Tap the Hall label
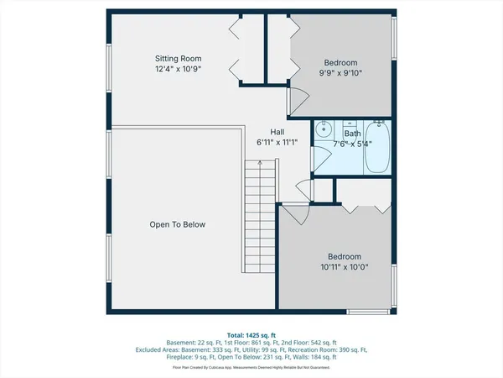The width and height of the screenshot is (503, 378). (277, 132)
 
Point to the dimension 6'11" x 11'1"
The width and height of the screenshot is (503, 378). (277, 143)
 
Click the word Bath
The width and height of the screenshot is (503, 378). (352, 133)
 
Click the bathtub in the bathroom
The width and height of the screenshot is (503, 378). (378, 148)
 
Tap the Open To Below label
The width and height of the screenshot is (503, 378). (177, 225)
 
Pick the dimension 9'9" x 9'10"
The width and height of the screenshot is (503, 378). (341, 74)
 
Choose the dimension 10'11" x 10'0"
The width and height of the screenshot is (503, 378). (345, 267)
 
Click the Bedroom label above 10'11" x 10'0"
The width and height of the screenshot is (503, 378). (345, 256)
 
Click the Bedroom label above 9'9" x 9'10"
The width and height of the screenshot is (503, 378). (341, 63)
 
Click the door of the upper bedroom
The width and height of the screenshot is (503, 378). (296, 99)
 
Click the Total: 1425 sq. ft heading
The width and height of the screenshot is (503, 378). (251, 334)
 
